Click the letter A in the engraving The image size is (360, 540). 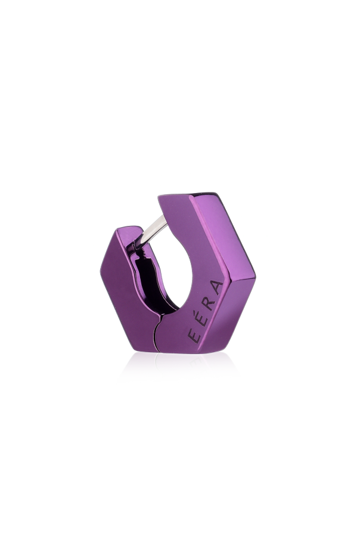click(x=217, y=287)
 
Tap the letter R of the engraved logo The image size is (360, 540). click(x=208, y=303)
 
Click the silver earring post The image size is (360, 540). click(x=154, y=229)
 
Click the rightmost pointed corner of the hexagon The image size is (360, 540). click(x=256, y=277)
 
